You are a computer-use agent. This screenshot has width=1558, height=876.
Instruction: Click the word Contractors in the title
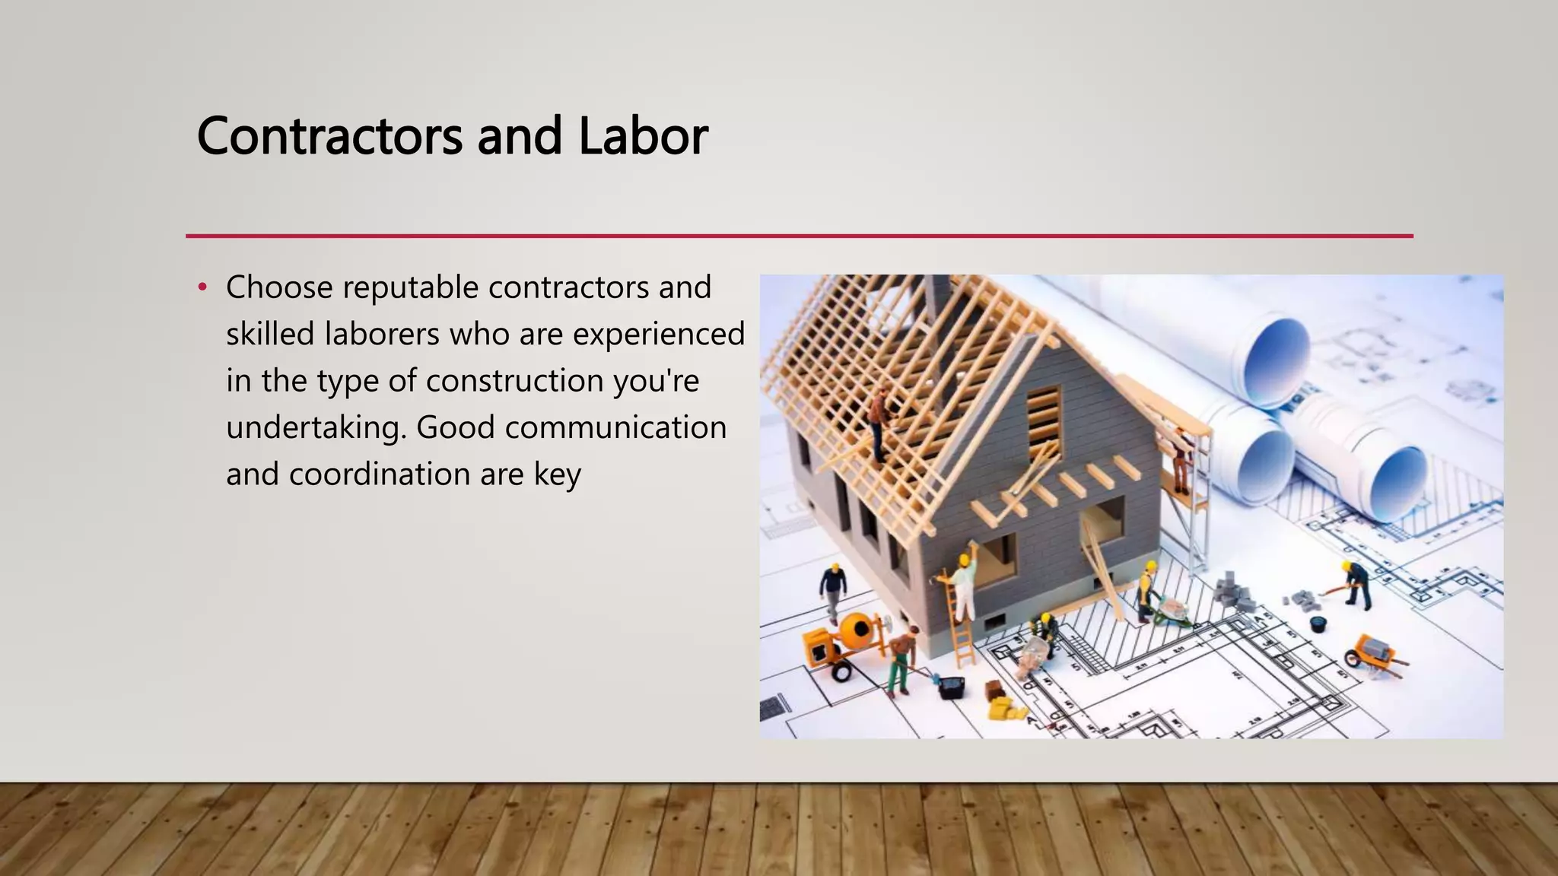(x=329, y=137)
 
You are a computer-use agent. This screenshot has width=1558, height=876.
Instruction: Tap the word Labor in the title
(x=643, y=137)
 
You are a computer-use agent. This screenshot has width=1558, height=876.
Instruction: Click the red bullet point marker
(x=202, y=288)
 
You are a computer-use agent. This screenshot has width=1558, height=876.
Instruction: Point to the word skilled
(x=270, y=335)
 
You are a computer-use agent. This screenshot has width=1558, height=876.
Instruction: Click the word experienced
(x=658, y=335)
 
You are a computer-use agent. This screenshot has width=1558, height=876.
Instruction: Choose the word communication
(x=615, y=428)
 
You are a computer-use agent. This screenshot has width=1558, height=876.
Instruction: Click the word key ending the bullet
(x=557, y=474)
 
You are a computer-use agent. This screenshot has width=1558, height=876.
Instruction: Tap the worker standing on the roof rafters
(x=879, y=423)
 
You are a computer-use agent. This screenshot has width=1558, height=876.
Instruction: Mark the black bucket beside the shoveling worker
(x=1318, y=624)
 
